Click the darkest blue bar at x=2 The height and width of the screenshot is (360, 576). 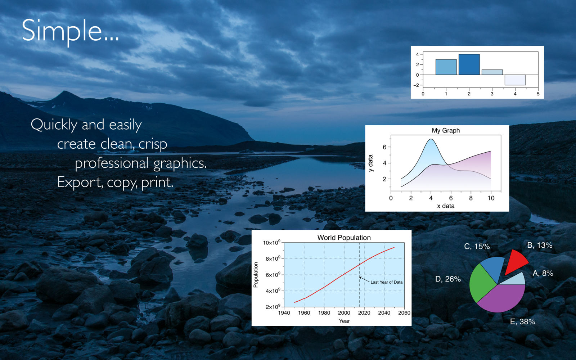click(x=469, y=64)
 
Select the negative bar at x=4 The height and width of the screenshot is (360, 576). click(x=515, y=80)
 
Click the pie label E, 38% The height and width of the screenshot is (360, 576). click(x=522, y=321)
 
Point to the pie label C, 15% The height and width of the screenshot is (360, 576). click(x=477, y=246)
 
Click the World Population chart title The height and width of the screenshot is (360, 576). click(x=344, y=238)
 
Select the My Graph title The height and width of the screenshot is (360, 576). click(x=446, y=130)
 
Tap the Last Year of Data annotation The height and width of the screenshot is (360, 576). click(x=387, y=282)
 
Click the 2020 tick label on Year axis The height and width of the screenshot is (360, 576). click(x=364, y=313)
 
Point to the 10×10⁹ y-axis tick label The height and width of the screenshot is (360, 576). click(x=271, y=242)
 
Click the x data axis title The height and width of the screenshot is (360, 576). click(x=446, y=206)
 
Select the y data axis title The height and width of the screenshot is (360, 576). click(x=370, y=163)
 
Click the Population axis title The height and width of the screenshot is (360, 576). click(x=256, y=275)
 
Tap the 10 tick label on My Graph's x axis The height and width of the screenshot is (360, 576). click(x=491, y=198)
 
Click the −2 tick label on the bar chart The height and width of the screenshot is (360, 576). click(x=416, y=85)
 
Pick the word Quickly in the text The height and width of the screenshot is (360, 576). click(x=54, y=125)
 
